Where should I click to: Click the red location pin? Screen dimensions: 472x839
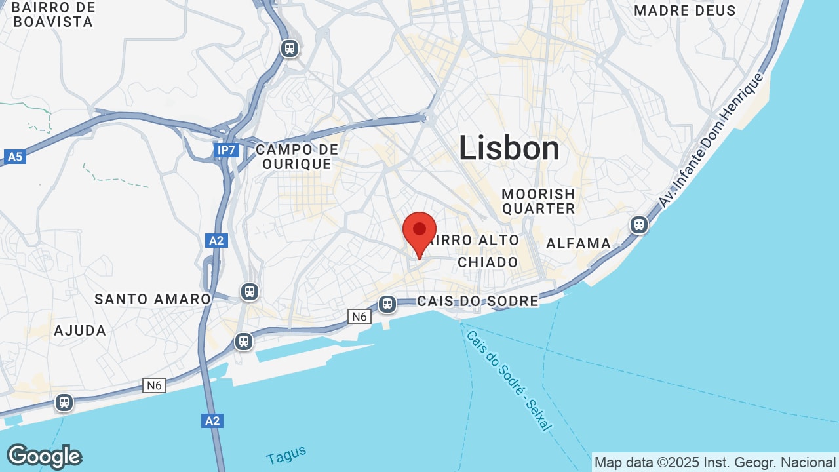pyautogui.click(x=419, y=231)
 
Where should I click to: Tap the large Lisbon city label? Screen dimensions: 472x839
pyautogui.click(x=509, y=147)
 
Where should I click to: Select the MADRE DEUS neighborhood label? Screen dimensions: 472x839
pyautogui.click(x=685, y=10)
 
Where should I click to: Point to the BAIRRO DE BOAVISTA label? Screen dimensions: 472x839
pyautogui.click(x=53, y=14)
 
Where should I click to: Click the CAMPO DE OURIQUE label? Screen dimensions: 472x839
pyautogui.click(x=297, y=157)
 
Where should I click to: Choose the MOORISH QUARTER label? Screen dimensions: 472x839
pyautogui.click(x=538, y=201)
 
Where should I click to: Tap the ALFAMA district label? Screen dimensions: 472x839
pyautogui.click(x=578, y=243)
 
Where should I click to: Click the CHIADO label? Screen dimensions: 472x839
pyautogui.click(x=488, y=262)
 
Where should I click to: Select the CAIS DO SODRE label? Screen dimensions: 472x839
pyautogui.click(x=478, y=301)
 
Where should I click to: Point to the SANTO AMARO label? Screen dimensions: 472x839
pyautogui.click(x=153, y=299)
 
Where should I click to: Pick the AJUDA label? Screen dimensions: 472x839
pyautogui.click(x=80, y=330)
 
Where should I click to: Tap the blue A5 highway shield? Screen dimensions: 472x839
pyautogui.click(x=14, y=157)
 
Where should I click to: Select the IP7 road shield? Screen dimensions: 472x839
pyautogui.click(x=226, y=151)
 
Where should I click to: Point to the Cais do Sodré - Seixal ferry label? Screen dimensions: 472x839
pyautogui.click(x=507, y=380)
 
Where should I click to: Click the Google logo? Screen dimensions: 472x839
pyautogui.click(x=44, y=456)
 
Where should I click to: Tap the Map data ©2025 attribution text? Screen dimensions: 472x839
pyautogui.click(x=714, y=462)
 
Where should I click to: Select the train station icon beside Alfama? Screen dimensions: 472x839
pyautogui.click(x=638, y=225)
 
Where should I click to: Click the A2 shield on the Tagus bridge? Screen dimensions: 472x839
pyautogui.click(x=212, y=420)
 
